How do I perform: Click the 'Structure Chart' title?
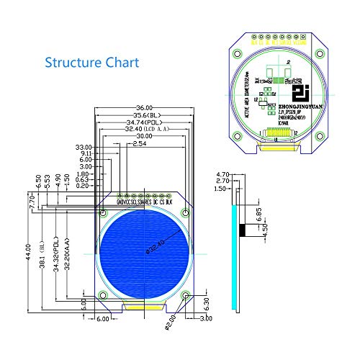[92, 62]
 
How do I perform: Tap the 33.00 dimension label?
[84, 147]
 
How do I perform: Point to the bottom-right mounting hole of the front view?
[186, 295]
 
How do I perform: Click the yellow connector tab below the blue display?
[143, 307]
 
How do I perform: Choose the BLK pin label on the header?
[169, 202]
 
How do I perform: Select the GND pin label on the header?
[119, 202]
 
